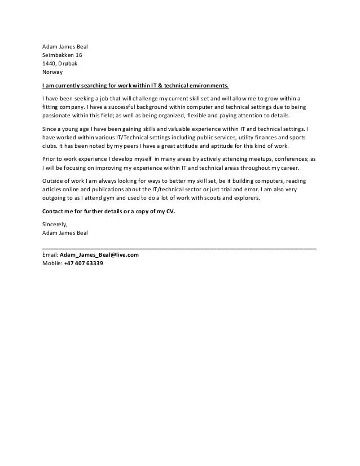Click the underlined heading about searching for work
pyautogui.click(x=136, y=86)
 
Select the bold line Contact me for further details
pyautogui.click(x=117, y=212)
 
